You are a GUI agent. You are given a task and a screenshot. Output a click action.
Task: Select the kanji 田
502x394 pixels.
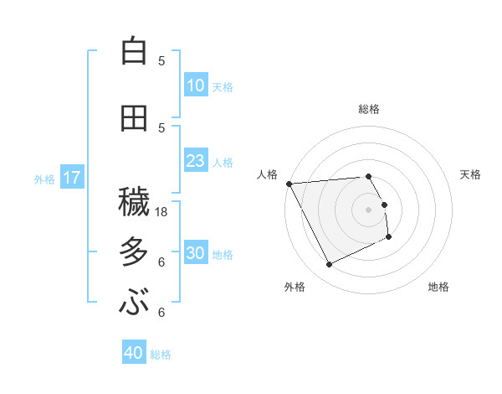click(x=134, y=117)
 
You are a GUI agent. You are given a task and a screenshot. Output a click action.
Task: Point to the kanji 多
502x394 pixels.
click(x=134, y=251)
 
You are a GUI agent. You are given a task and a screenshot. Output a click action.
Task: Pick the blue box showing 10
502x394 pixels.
click(x=196, y=86)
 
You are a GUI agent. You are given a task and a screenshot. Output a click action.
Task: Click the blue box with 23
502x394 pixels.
click(x=196, y=161)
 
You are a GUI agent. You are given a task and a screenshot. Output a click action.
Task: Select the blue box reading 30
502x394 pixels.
click(x=196, y=253)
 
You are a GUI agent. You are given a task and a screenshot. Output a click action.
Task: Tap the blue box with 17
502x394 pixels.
click(x=71, y=178)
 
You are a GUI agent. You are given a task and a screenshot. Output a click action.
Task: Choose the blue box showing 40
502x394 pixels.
click(x=134, y=353)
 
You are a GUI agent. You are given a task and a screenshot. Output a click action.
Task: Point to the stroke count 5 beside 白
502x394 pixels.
click(x=161, y=61)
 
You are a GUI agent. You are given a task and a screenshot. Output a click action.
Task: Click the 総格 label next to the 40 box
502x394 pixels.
click(x=161, y=355)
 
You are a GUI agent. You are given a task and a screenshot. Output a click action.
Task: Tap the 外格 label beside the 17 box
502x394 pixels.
click(x=44, y=179)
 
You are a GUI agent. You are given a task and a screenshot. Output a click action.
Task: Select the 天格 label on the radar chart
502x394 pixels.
click(x=471, y=174)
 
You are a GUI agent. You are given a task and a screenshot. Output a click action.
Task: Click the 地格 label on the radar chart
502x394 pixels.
click(x=438, y=287)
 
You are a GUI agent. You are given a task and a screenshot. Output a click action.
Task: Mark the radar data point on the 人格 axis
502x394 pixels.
click(x=289, y=184)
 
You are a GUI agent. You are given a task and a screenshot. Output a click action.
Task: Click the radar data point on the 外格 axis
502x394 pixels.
click(x=329, y=265)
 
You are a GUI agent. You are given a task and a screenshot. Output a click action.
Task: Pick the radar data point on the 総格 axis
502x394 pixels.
click(x=368, y=177)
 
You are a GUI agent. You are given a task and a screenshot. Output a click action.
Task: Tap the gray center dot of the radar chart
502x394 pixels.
click(x=368, y=210)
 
